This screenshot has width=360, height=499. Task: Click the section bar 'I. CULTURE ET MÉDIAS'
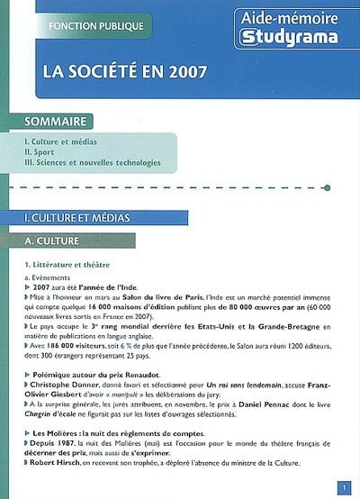[x=77, y=218]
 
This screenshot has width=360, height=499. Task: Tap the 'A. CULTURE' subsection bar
[x=54, y=241]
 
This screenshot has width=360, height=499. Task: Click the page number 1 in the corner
[x=344, y=487]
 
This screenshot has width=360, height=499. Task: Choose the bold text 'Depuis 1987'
[x=52, y=443]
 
